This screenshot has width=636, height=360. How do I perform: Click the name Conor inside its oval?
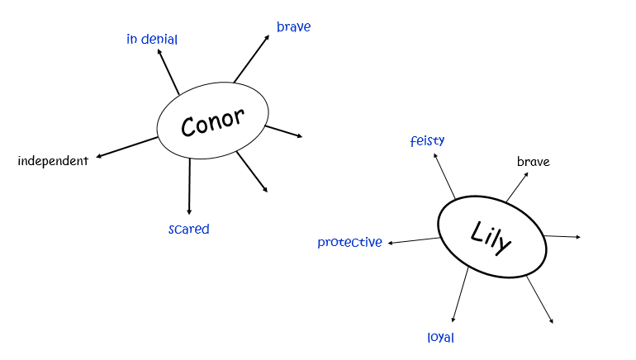[x=212, y=122]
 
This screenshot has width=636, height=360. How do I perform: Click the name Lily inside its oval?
[x=491, y=238]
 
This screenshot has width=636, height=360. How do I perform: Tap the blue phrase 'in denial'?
[x=152, y=40]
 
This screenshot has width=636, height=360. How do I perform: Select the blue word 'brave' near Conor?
[x=294, y=26]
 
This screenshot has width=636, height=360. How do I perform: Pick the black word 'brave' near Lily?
[x=534, y=162]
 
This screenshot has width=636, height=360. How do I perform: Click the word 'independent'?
[x=53, y=161]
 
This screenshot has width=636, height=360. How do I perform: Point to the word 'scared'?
[x=189, y=229]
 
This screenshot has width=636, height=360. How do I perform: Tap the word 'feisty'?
[x=428, y=140]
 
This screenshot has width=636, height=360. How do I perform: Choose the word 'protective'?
[x=349, y=242]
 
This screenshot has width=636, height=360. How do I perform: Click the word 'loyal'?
[x=441, y=338]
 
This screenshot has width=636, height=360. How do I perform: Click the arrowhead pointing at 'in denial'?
[x=159, y=51]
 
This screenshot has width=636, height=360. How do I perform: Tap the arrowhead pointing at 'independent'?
[x=98, y=157]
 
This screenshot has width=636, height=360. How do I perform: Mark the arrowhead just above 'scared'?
[x=189, y=211]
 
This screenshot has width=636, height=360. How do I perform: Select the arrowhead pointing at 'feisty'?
[x=435, y=156]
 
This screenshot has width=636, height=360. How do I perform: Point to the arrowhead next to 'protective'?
[x=391, y=243]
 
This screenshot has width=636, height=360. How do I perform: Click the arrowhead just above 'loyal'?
[x=453, y=320]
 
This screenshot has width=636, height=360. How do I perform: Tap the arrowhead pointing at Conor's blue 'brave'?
[x=267, y=37]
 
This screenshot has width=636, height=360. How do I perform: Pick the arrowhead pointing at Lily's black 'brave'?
[x=526, y=175]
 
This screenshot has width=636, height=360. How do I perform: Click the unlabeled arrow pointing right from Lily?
[x=562, y=236]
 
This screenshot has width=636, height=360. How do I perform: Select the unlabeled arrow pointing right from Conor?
[x=283, y=131]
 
